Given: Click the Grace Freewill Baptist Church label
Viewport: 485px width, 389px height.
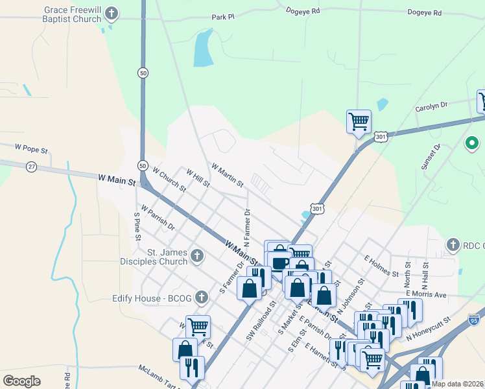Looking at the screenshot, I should [73, 15].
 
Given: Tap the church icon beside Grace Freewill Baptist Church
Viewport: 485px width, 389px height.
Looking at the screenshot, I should [112, 14].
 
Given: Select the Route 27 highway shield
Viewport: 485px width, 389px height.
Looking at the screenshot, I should [31, 167].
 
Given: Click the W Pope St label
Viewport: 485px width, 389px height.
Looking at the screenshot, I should [32, 150].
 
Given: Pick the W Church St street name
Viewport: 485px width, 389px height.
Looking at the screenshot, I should [169, 180].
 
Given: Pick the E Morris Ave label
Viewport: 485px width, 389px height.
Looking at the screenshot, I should [427, 294].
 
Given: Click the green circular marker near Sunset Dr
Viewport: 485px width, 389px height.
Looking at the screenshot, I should [472, 143].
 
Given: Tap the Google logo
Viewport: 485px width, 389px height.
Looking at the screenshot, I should [21, 381].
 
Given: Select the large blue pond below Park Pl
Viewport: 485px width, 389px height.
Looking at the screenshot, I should [203, 49].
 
